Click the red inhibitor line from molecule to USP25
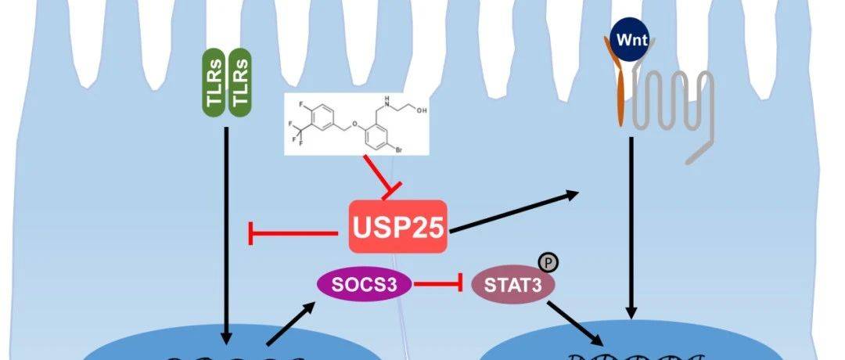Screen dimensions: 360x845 [373, 173]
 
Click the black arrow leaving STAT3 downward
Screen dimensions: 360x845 [576, 322]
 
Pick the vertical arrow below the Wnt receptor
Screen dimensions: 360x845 [631, 227]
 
